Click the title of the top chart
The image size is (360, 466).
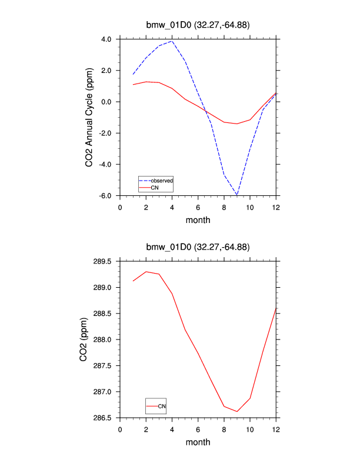[198, 24]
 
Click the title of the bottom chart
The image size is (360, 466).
[198, 247]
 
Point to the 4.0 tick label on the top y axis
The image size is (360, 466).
[106, 39]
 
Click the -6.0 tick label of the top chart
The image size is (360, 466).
[105, 195]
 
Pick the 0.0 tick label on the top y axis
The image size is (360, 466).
[106, 102]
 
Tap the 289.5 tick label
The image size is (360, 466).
[103, 262]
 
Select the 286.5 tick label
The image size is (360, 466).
[103, 418]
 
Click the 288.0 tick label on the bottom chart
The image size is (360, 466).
[103, 339]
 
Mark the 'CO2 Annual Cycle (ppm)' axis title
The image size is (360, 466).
[89, 117]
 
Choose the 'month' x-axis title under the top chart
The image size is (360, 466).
[198, 221]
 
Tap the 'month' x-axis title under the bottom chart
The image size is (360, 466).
[198, 442]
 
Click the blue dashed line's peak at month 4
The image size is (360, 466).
[172, 41]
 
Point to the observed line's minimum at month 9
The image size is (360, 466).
[237, 194]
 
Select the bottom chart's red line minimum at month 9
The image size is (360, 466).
[237, 411]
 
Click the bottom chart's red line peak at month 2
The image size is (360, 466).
[146, 272]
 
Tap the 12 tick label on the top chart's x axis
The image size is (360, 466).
[276, 207]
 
